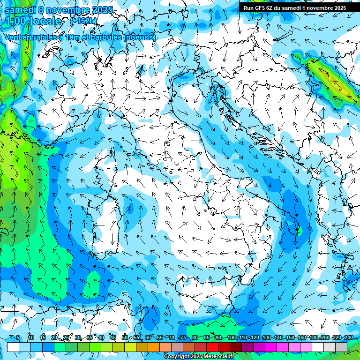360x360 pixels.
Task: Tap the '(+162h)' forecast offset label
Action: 83,21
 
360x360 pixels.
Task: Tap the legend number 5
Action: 18,338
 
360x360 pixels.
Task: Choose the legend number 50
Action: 124,338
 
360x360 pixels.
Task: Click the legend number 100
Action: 232,338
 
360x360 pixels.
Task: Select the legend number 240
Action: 348,338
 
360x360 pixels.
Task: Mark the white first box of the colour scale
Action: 13,347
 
